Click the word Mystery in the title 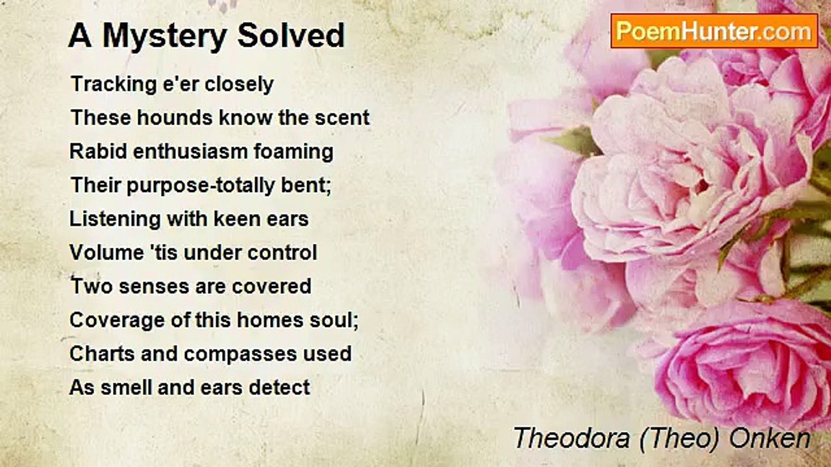point(164,36)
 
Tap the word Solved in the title point(291,35)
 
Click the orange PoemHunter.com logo point(714,31)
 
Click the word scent point(342,118)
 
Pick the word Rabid point(98,151)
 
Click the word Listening point(115,219)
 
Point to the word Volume point(107,253)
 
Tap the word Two point(92,287)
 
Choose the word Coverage point(118,320)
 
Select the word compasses point(240,354)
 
